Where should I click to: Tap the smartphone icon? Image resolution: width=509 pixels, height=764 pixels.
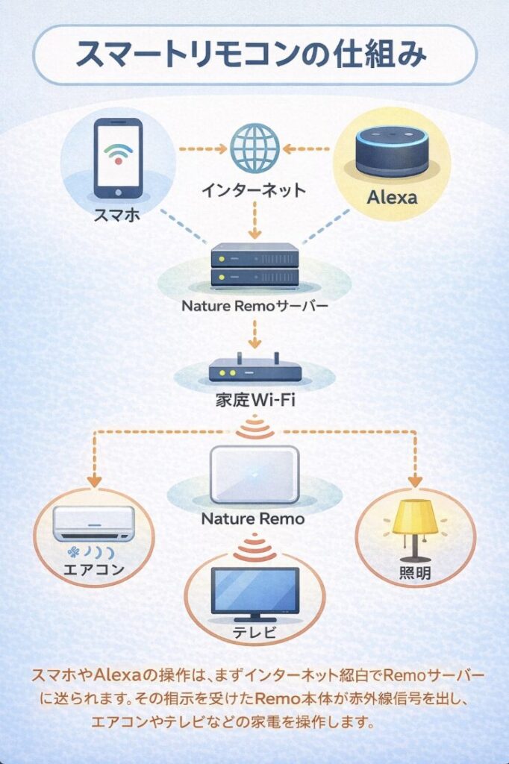tap(116, 159)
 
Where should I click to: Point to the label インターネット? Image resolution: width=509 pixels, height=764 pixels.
tap(254, 190)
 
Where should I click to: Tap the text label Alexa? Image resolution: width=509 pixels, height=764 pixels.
tap(392, 199)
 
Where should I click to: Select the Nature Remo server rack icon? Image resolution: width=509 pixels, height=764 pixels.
tap(254, 267)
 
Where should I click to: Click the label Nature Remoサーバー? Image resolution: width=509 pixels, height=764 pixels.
tap(254, 306)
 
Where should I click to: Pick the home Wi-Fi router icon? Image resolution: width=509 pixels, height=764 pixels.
tap(254, 368)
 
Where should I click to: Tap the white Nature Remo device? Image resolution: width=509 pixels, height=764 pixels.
tap(254, 475)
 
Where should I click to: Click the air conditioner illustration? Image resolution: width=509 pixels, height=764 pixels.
tap(95, 523)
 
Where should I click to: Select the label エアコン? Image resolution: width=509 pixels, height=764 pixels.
tap(94, 572)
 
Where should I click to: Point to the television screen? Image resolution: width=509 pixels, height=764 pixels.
tap(254, 589)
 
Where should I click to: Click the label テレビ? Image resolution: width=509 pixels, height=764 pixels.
tap(254, 634)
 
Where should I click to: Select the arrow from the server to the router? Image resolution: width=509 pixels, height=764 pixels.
tap(254, 332)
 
